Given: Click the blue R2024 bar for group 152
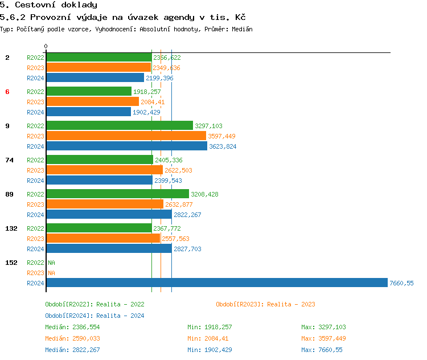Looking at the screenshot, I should pyautogui.click(x=216, y=283).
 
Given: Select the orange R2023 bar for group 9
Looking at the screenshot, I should pyautogui.click(x=126, y=136).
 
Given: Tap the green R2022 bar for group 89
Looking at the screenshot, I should pyautogui.click(x=117, y=194).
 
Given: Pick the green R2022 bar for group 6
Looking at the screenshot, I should pyautogui.click(x=88, y=92).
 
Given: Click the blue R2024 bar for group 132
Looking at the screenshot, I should pyautogui.click(x=109, y=249).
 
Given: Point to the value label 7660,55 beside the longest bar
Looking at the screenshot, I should pyautogui.click(x=401, y=283).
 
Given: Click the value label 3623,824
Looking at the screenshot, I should pyautogui.click(x=223, y=146).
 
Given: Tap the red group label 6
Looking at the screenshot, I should pyautogui.click(x=7, y=92).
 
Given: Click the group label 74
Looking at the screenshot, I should pyautogui.click(x=9, y=160).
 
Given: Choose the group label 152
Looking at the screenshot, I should pyautogui.click(x=11, y=263).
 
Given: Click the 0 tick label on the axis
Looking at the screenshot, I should pyautogui.click(x=46, y=46).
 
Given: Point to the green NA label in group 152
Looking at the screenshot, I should pyautogui.click(x=51, y=263).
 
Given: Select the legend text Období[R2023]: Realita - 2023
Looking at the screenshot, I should pyautogui.click(x=265, y=304).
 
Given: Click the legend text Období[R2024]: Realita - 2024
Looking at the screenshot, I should pyautogui.click(x=95, y=316).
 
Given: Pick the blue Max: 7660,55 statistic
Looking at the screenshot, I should pyautogui.click(x=323, y=350).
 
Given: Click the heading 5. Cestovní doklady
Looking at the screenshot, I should pyautogui.click(x=48, y=5).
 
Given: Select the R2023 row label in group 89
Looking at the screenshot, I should pyautogui.click(x=35, y=204).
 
